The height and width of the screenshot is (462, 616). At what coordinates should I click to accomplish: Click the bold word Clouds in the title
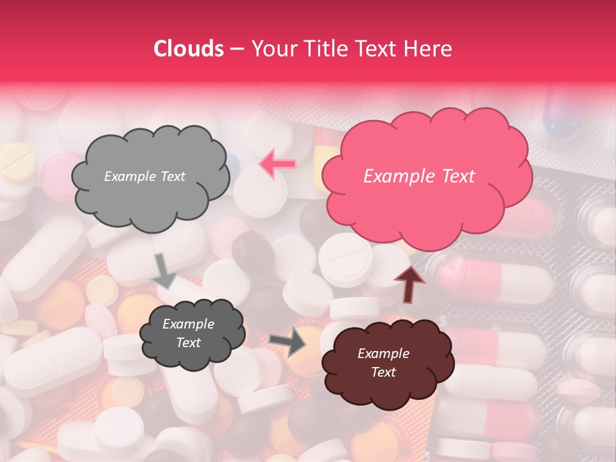click(x=189, y=49)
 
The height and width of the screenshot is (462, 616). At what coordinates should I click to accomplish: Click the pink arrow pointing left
click(x=277, y=164)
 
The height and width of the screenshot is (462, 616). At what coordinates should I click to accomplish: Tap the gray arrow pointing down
click(x=164, y=270)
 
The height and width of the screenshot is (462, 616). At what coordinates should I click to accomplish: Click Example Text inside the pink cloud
click(x=419, y=176)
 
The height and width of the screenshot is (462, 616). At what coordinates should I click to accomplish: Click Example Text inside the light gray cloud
click(x=144, y=176)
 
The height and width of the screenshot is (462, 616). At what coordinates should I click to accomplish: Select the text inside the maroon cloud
click(x=384, y=363)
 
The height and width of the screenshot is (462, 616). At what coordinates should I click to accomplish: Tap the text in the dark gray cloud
click(x=188, y=333)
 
